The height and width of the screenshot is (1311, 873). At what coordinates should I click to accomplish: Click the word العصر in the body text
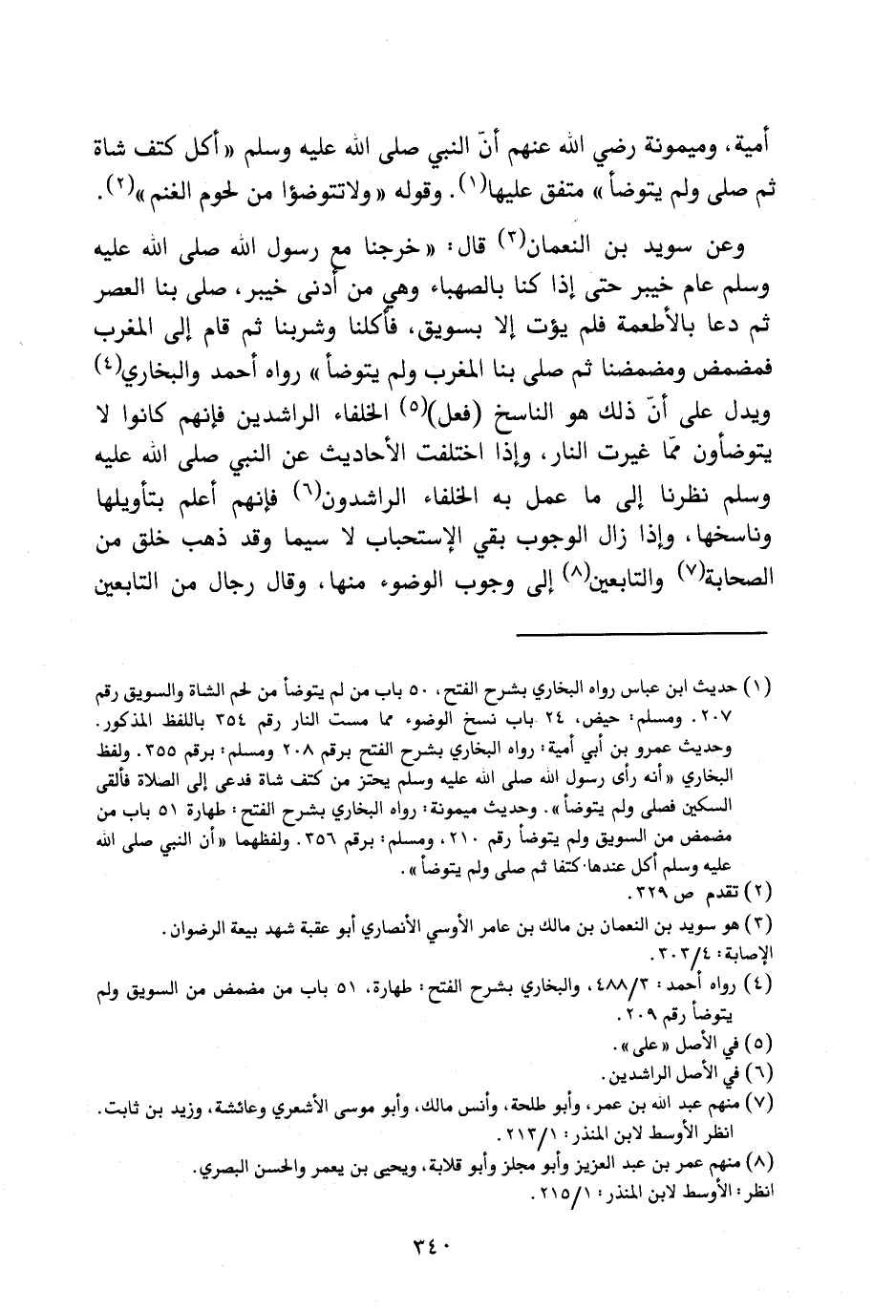(x=135, y=285)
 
